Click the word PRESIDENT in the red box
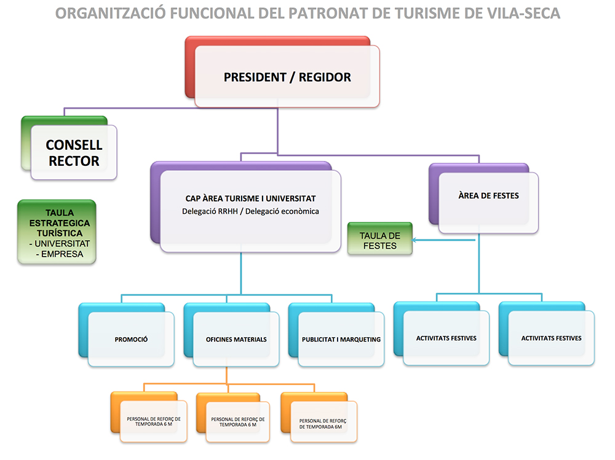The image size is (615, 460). (253, 77)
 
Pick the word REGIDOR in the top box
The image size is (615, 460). (325, 77)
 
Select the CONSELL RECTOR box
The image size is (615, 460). (74, 153)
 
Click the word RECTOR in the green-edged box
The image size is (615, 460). (74, 162)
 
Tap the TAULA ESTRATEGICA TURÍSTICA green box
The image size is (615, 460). (57, 232)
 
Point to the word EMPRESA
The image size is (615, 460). (62, 253)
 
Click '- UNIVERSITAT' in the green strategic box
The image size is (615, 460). (59, 243)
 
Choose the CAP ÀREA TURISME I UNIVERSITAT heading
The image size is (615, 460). (250, 198)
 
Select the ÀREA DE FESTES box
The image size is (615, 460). (488, 196)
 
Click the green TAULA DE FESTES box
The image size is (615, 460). (380, 240)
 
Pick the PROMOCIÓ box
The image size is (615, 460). (131, 339)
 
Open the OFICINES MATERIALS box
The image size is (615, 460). (236, 339)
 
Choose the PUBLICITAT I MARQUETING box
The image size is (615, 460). (341, 339)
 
